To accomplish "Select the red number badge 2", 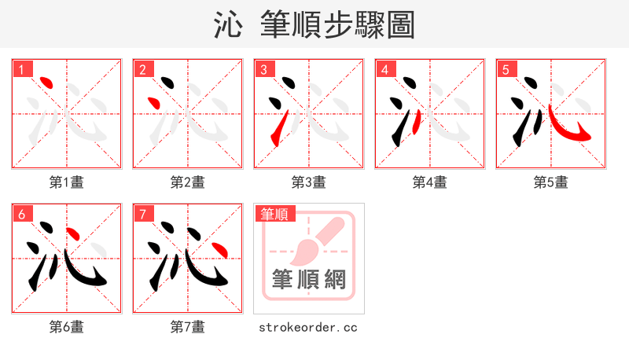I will (143, 69).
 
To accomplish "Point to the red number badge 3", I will (264, 69).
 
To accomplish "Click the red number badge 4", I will (385, 69).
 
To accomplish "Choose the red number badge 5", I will (506, 69).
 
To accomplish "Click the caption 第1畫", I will (67, 182).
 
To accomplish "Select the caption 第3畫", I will (308, 182).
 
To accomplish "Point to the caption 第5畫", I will (550, 182).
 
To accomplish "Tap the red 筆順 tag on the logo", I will (274, 214).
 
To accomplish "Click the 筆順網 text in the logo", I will (308, 280).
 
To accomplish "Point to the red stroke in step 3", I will (277, 130).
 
